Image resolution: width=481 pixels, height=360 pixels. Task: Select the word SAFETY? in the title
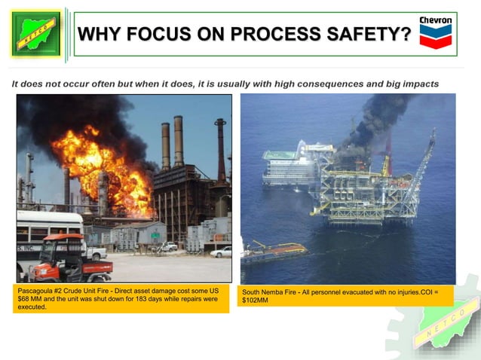(x=373, y=35)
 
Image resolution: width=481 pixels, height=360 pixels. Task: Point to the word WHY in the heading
(x=103, y=35)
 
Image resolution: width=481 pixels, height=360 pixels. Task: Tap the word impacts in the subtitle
(x=418, y=84)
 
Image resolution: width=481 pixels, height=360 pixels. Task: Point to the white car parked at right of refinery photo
(x=221, y=252)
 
